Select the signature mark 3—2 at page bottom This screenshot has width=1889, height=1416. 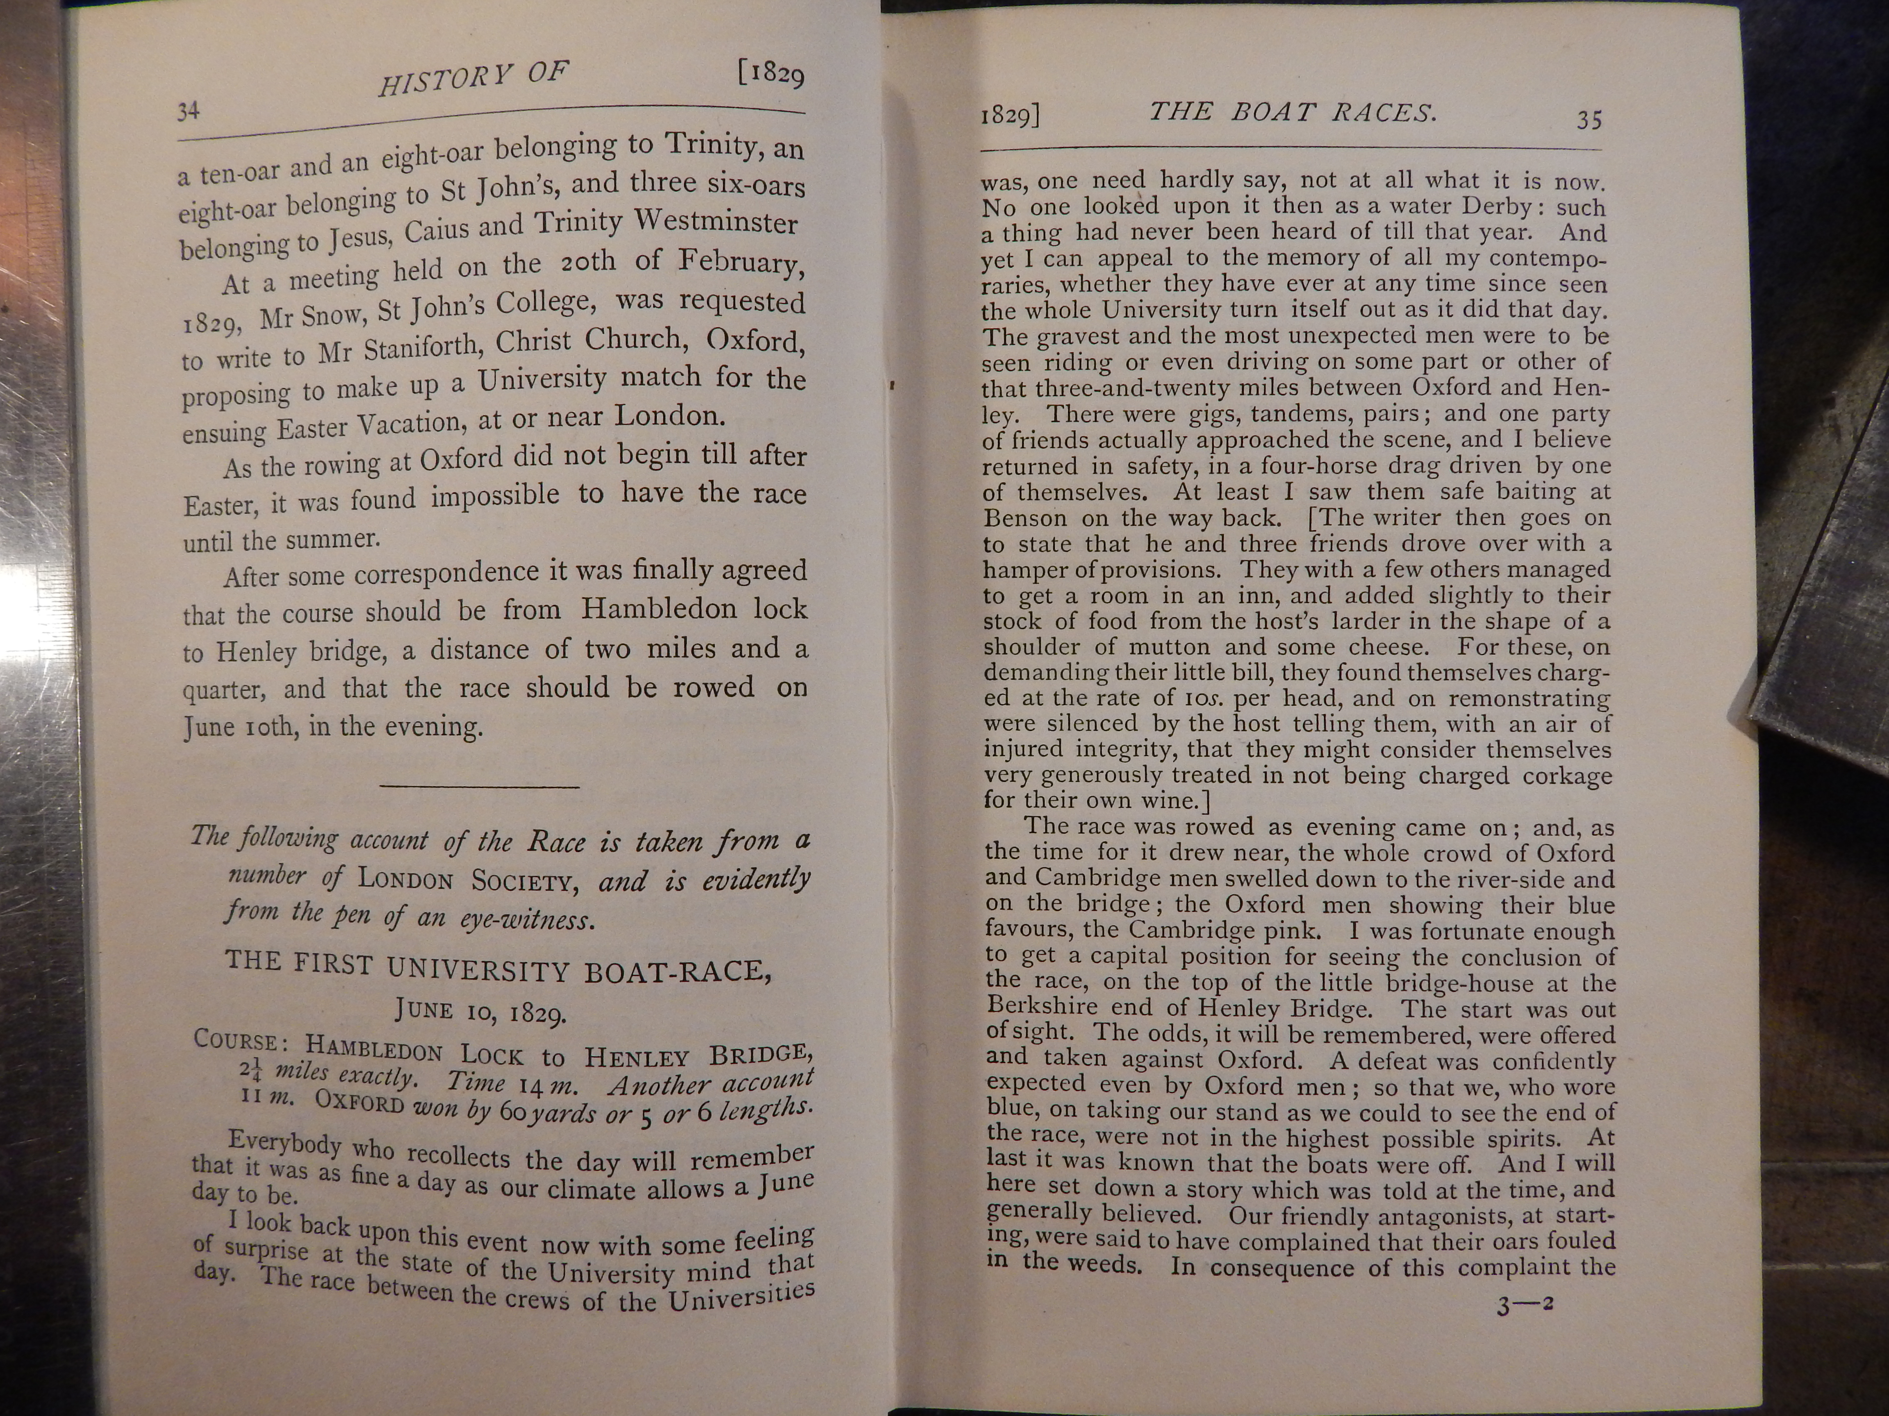(x=1524, y=1306)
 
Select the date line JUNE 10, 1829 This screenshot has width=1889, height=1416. (x=481, y=1012)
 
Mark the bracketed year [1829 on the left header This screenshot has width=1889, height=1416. (x=771, y=74)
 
